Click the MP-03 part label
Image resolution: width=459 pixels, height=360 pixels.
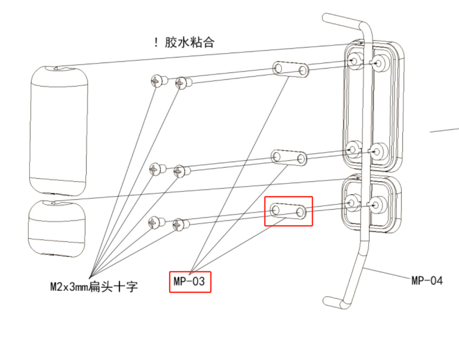[x=190, y=282]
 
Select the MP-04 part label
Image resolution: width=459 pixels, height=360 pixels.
[x=427, y=281]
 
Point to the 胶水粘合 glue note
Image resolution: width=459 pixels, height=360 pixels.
[x=189, y=43]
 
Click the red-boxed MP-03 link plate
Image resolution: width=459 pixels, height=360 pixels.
[x=288, y=210]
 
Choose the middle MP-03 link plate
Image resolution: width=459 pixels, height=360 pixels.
[x=289, y=157]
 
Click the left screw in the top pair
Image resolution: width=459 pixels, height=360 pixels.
[x=156, y=80]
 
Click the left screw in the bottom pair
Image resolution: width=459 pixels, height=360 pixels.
[x=155, y=222]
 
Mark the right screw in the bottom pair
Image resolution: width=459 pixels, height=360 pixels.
[x=179, y=224]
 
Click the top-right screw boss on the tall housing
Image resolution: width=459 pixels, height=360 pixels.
[x=378, y=63]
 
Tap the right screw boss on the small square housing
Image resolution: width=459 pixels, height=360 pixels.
[x=378, y=204]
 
